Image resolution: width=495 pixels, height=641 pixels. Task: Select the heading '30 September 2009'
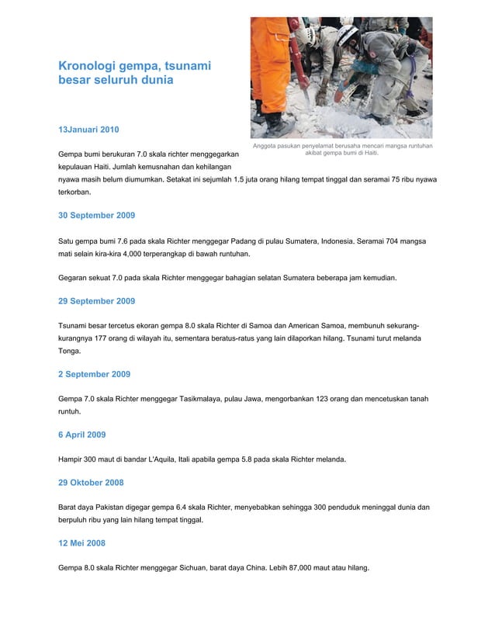pyautogui.click(x=97, y=214)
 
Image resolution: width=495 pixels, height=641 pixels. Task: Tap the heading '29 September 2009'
pyautogui.click(x=97, y=300)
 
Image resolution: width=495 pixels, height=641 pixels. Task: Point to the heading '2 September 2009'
pyautogui.click(x=94, y=374)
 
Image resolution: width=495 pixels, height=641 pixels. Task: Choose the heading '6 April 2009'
pyautogui.click(x=81, y=435)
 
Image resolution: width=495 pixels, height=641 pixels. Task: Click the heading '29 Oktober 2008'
pyautogui.click(x=91, y=483)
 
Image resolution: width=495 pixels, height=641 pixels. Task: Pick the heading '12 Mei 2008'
pyautogui.click(x=81, y=542)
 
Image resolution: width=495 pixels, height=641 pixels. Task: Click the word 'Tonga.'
pyautogui.click(x=70, y=351)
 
